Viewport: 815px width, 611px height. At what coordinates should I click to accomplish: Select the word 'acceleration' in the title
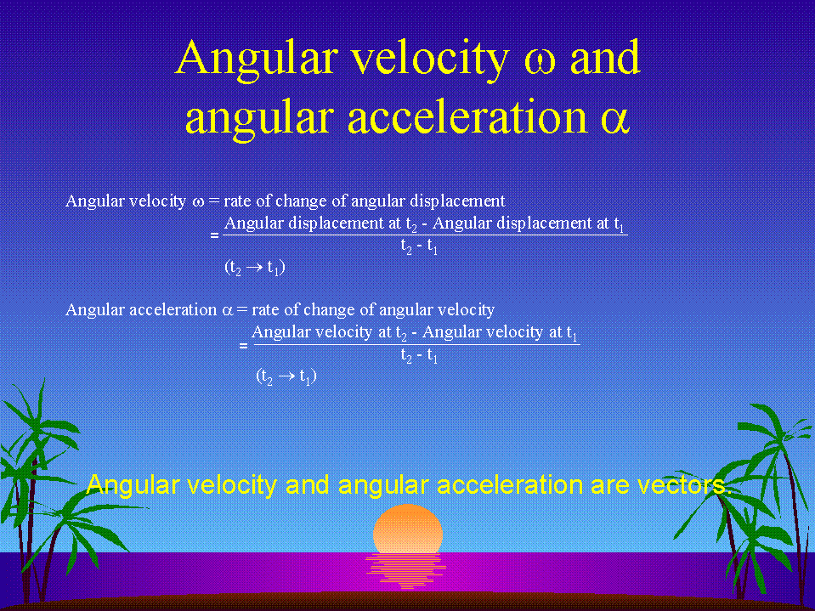tap(467, 117)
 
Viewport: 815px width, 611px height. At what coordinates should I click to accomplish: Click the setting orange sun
tap(408, 529)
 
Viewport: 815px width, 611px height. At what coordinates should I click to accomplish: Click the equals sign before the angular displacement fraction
tap(215, 235)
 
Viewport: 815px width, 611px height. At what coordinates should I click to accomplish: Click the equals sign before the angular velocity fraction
tap(243, 345)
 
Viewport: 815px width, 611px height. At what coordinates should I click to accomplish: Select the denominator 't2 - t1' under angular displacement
tap(419, 246)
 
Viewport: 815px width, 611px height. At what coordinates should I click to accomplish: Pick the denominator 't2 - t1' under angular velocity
tap(419, 355)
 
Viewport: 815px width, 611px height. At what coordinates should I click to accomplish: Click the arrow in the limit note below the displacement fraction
tap(255, 268)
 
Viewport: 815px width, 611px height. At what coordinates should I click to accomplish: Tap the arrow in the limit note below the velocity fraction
tap(287, 376)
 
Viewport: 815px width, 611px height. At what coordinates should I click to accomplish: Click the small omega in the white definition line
tap(199, 202)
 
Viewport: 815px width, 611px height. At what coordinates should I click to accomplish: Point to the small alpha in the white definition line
tap(228, 311)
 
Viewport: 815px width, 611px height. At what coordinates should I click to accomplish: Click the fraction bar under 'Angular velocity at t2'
tap(416, 344)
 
